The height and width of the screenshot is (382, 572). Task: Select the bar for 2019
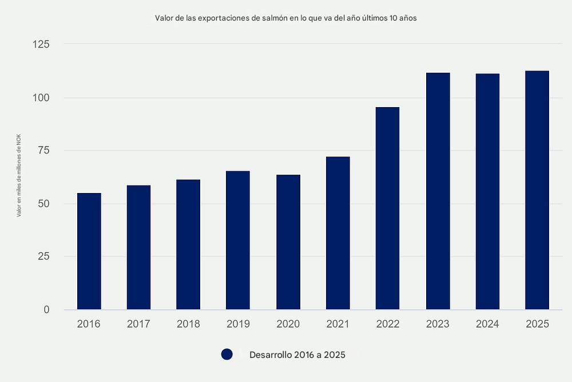[x=238, y=240]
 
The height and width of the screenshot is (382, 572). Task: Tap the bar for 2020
[x=288, y=242]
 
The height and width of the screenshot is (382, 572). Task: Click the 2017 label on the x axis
[x=138, y=324]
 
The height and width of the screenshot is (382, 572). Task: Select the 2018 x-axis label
[x=188, y=324]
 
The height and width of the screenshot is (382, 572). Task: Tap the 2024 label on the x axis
[x=487, y=324]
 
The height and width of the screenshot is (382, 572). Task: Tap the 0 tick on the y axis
[x=46, y=310]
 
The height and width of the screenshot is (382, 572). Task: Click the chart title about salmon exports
[x=286, y=18]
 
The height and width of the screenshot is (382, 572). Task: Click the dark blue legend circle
[x=227, y=355]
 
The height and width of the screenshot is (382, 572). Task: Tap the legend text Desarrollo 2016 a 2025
[x=297, y=355]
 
